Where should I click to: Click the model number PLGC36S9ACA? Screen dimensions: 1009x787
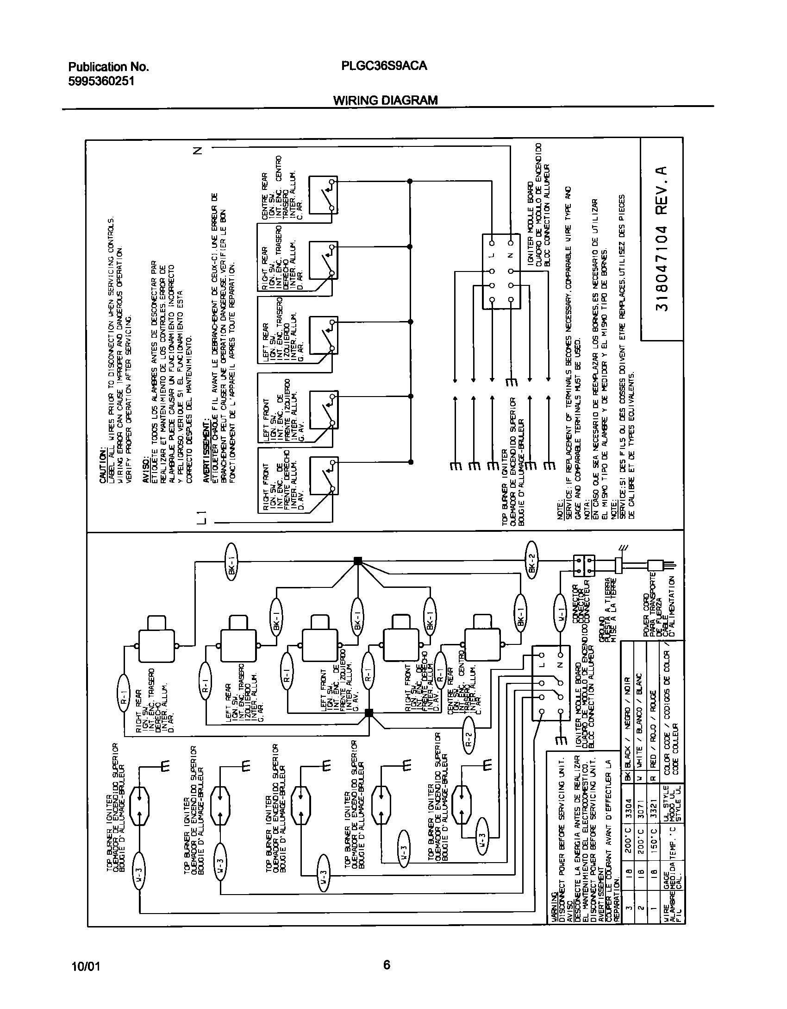(384, 66)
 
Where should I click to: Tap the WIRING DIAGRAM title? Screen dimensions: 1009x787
(385, 100)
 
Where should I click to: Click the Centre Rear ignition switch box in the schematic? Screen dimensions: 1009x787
(323, 195)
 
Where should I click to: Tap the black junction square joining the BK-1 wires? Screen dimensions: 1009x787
(357, 561)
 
